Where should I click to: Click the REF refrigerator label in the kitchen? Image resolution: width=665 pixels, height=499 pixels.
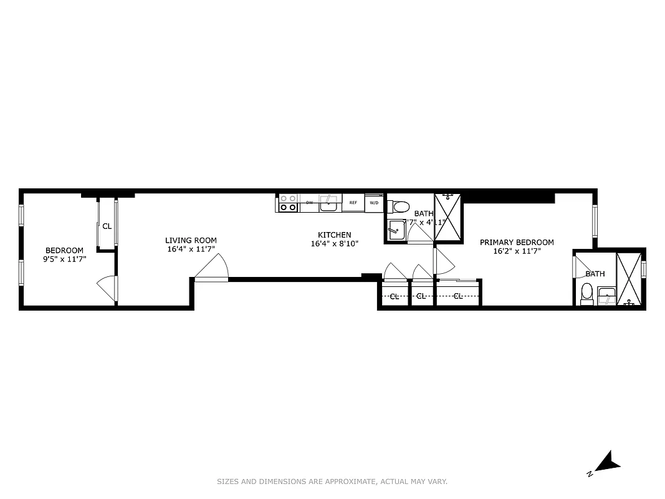(x=353, y=203)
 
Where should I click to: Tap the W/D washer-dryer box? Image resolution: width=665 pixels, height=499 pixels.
(x=374, y=203)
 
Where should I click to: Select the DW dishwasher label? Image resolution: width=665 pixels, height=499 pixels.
(x=309, y=203)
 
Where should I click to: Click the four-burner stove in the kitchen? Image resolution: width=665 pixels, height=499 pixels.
(x=287, y=203)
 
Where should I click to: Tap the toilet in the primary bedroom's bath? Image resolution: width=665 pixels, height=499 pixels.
(x=586, y=293)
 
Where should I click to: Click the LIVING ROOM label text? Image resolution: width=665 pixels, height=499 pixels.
(x=191, y=240)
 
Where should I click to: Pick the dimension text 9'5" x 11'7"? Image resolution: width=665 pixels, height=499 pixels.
(x=64, y=258)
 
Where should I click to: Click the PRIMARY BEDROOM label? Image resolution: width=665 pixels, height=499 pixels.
(x=516, y=242)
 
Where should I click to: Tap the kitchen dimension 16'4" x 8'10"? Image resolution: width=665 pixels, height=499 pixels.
(x=335, y=243)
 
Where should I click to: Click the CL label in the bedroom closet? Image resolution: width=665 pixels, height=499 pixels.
(x=107, y=226)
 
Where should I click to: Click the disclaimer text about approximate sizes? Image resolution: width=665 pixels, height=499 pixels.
(x=332, y=482)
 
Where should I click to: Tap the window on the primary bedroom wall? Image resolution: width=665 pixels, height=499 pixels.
(x=595, y=221)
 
